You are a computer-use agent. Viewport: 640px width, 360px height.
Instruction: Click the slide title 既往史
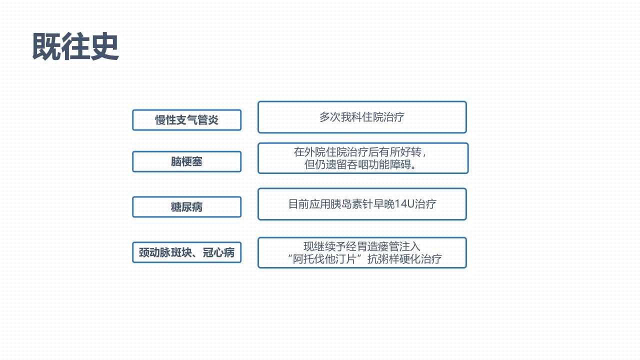click(x=75, y=46)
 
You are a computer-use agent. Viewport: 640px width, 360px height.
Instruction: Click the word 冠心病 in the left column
click(x=218, y=252)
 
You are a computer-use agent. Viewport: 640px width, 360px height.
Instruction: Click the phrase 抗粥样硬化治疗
click(x=404, y=259)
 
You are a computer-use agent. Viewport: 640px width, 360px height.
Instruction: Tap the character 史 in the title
click(x=104, y=46)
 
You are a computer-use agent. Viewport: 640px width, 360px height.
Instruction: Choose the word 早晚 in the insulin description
click(x=383, y=204)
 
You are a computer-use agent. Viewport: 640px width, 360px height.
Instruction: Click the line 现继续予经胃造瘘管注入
click(x=362, y=246)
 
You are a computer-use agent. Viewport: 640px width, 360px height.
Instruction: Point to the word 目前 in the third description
click(x=298, y=204)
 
